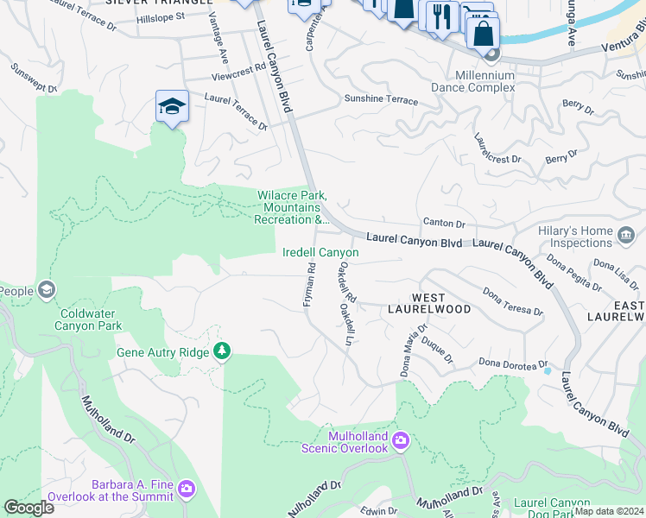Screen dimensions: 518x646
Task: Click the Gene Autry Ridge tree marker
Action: click(x=224, y=350)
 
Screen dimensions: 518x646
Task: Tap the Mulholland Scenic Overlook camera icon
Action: click(x=400, y=441)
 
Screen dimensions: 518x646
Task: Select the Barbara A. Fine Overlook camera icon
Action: click(x=187, y=490)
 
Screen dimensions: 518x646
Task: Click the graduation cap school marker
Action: click(x=172, y=107)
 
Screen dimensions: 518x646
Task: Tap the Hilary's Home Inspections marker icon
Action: click(x=626, y=233)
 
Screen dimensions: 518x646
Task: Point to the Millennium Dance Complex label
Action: click(x=472, y=81)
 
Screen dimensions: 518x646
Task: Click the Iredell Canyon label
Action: click(x=320, y=252)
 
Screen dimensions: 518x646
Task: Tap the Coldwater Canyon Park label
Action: click(x=88, y=319)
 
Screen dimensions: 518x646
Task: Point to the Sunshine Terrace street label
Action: click(x=381, y=101)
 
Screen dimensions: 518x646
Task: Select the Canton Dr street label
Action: click(x=444, y=224)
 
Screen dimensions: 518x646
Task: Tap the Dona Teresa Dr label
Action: click(x=513, y=301)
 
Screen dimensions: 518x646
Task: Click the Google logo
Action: click(x=28, y=507)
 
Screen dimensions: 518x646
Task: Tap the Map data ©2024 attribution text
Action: click(x=608, y=511)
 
